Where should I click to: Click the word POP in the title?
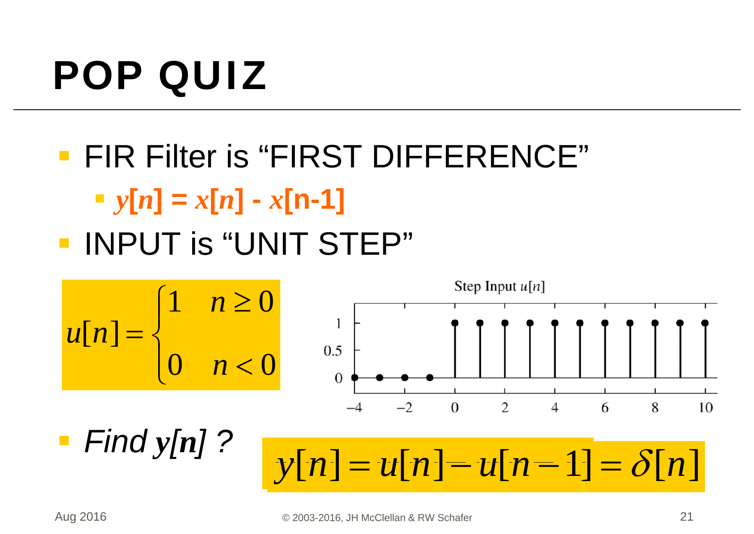click(x=98, y=76)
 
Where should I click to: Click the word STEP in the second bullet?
click(x=359, y=244)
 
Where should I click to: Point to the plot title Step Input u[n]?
click(x=500, y=287)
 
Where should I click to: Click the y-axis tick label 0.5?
click(x=333, y=351)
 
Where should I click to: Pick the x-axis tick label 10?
click(x=705, y=407)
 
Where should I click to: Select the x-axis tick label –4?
click(x=355, y=407)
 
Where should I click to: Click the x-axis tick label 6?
click(x=605, y=407)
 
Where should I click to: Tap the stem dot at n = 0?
click(x=455, y=323)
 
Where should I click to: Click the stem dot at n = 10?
click(x=705, y=323)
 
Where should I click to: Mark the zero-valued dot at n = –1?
click(x=430, y=378)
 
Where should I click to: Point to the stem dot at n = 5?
click(x=580, y=323)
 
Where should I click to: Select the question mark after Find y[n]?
click(x=224, y=442)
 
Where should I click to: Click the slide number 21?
click(x=687, y=516)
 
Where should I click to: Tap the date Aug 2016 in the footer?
click(x=81, y=517)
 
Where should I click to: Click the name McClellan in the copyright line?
click(x=383, y=518)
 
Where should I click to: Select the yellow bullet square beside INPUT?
click(x=64, y=243)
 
